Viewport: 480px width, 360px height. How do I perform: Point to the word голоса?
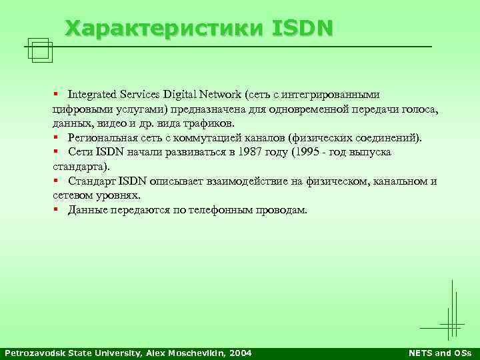(x=421, y=109)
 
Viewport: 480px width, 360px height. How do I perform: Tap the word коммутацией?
(x=220, y=138)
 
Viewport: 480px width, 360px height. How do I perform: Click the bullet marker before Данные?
(x=57, y=210)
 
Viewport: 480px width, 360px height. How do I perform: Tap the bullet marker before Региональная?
(x=57, y=138)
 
